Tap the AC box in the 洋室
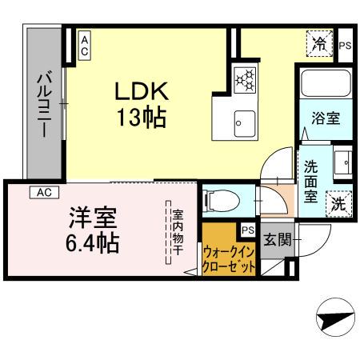point(44,192)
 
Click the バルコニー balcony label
point(45,105)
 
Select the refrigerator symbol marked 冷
point(320,44)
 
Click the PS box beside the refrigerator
point(345,46)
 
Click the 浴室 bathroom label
point(326,118)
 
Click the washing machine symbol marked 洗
point(339,204)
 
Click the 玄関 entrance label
point(276,239)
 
